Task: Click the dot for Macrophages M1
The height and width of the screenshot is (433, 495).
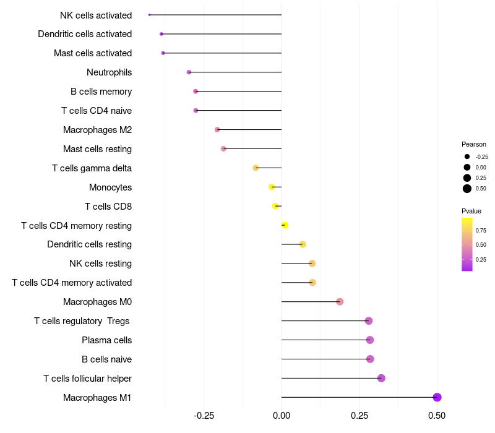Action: (437, 397)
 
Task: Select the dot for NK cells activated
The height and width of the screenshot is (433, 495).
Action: (149, 15)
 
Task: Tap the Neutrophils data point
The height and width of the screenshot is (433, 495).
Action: (189, 72)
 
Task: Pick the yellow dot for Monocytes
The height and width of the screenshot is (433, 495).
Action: (272, 187)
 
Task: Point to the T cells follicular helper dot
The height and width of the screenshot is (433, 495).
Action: (381, 378)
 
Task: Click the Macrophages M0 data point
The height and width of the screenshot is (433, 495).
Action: (340, 302)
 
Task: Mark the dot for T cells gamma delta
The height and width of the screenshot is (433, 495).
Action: (256, 168)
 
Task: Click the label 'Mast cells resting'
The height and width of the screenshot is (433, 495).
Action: (97, 149)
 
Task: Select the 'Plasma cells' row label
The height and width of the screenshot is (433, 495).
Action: (106, 340)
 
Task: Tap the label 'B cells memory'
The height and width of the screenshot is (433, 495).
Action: (101, 92)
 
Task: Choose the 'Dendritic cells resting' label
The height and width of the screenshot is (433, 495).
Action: (89, 244)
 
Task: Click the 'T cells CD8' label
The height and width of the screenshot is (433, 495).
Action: (108, 207)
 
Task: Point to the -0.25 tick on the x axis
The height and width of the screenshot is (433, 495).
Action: (204, 415)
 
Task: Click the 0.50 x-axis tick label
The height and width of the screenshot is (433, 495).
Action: (437, 415)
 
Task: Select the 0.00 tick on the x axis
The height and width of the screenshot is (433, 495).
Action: (282, 415)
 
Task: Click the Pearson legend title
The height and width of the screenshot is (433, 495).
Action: (474, 144)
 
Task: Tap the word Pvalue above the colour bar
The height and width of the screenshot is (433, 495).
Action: (471, 211)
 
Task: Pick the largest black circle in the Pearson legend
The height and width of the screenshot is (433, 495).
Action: (467, 189)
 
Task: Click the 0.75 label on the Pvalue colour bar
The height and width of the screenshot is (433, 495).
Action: (481, 230)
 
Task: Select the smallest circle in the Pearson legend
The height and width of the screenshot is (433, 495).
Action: (467, 156)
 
